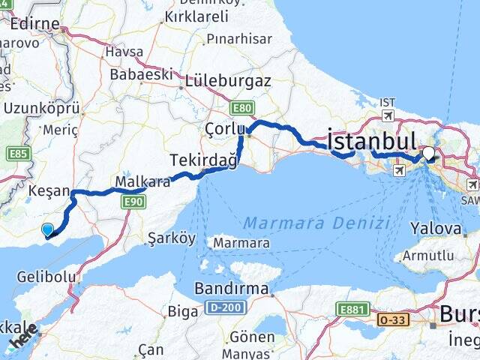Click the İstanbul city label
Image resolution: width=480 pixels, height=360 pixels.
(371, 140)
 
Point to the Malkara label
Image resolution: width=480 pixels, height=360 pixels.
(142, 181)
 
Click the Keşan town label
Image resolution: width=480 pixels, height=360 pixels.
(48, 191)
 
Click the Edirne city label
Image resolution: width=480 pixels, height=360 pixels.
(34, 24)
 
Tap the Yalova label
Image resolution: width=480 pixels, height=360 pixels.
(435, 228)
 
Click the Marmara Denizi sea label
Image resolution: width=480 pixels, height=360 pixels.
(316, 223)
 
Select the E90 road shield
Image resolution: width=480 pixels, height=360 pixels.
(133, 202)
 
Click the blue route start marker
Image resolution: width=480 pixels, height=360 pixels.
(48, 231)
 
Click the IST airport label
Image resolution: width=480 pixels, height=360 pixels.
(387, 103)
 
